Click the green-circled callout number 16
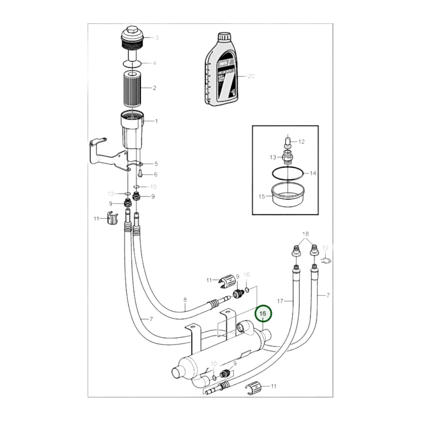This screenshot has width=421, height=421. click(263, 313)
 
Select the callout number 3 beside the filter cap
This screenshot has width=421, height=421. click(157, 38)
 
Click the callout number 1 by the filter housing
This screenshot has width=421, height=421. click(156, 121)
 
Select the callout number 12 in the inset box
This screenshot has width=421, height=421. click(302, 142)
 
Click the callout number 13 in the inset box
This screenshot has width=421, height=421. click(273, 157)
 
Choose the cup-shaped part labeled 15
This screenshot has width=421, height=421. click(288, 196)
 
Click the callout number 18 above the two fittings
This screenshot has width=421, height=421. click(305, 234)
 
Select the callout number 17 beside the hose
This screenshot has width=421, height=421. click(280, 301)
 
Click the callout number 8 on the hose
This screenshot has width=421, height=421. click(185, 300)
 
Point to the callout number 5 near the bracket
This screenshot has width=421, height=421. click(156, 164)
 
